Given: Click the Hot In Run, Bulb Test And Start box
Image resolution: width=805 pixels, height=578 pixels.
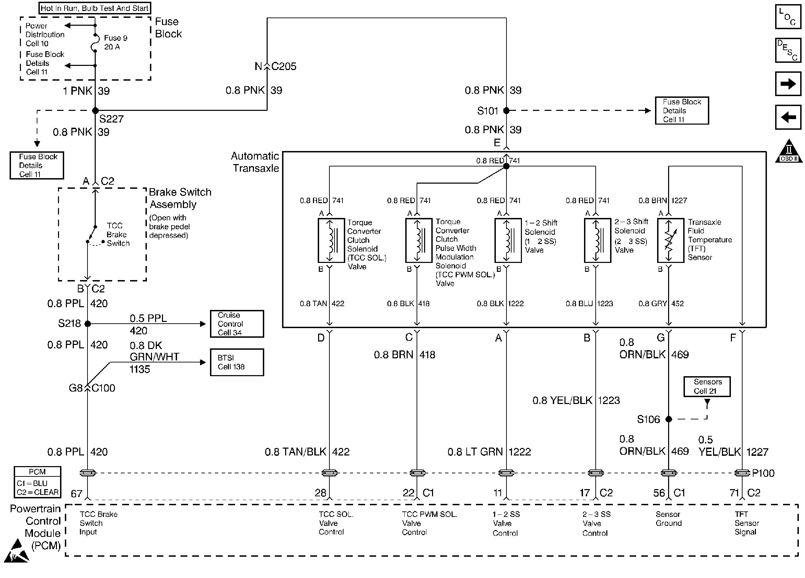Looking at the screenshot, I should pyautogui.click(x=94, y=8).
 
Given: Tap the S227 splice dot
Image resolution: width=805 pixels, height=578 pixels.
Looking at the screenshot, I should pyautogui.click(x=95, y=111).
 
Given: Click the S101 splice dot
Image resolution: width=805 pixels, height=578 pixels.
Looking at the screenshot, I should pyautogui.click(x=506, y=111).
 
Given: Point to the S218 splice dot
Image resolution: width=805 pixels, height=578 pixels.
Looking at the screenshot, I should pyautogui.click(x=87, y=324).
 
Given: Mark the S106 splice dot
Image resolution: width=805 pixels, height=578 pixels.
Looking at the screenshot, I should pyautogui.click(x=669, y=419).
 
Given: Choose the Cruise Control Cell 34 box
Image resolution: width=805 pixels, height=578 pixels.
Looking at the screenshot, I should pyautogui.click(x=237, y=324).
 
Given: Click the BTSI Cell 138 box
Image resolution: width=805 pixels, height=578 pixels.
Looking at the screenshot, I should pyautogui.click(x=237, y=362).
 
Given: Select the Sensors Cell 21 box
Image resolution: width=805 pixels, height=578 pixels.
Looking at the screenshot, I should pyautogui.click(x=707, y=386).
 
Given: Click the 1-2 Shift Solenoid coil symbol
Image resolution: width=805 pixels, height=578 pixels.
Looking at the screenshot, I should pyautogui.click(x=508, y=240).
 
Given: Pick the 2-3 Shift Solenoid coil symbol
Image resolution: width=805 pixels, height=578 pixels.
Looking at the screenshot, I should pyautogui.click(x=597, y=240).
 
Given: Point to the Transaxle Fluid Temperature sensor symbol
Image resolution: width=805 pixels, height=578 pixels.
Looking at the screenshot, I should pyautogui.click(x=670, y=240).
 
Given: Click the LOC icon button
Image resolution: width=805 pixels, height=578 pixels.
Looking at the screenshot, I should pyautogui.click(x=788, y=17).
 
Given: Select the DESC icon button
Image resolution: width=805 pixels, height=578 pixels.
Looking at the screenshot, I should pyautogui.click(x=788, y=50).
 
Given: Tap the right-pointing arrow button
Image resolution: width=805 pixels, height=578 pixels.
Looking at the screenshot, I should pyautogui.click(x=788, y=84).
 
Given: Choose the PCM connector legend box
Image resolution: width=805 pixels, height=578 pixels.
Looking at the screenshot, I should pyautogui.click(x=37, y=482).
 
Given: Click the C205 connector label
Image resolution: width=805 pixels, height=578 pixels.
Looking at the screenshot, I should pyautogui.click(x=283, y=66).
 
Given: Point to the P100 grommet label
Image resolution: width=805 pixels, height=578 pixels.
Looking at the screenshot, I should pyautogui.click(x=763, y=473).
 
